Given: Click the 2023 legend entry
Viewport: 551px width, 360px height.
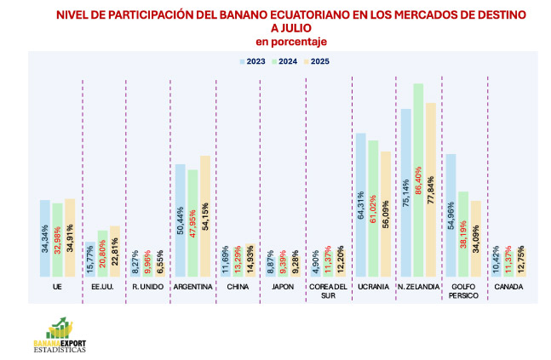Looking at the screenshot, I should click(x=254, y=61).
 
